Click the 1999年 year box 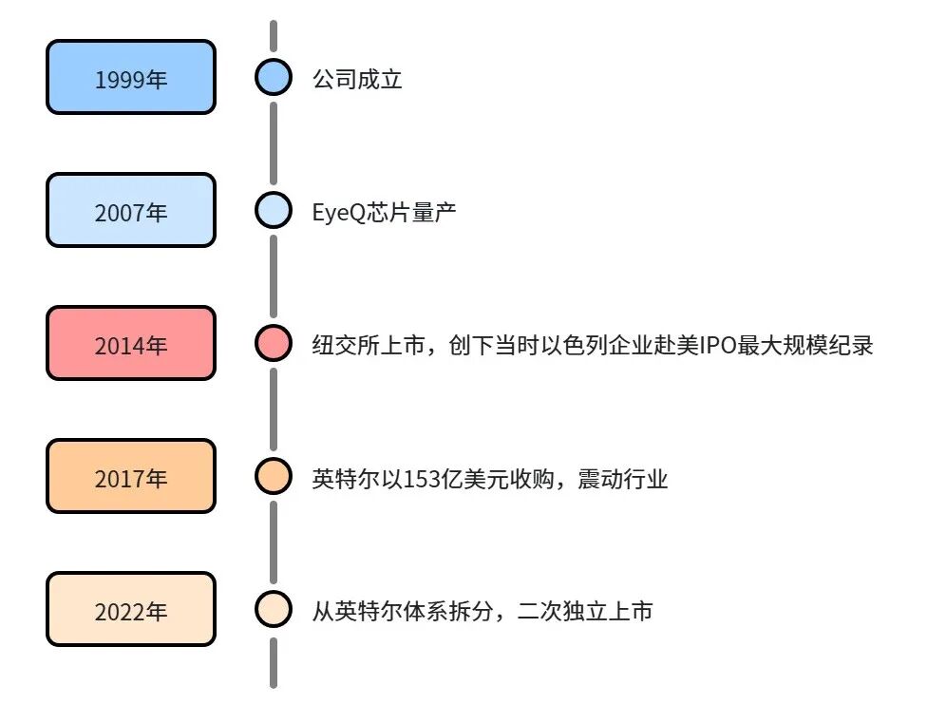(131, 77)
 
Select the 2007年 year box (131, 210)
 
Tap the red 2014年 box (131, 343)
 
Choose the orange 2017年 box (131, 476)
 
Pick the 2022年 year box (131, 609)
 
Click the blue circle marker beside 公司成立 (274, 77)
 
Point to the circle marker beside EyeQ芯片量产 (274, 210)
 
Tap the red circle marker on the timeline (274, 343)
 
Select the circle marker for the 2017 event (274, 476)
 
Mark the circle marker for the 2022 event (274, 609)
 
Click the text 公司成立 (357, 79)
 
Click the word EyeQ (339, 213)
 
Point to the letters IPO (717, 346)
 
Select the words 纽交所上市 (369, 346)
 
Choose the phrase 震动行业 (623, 479)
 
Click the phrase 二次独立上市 (585, 612)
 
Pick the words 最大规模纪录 (805, 346)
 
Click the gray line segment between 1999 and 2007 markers (274, 143)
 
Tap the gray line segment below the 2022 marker (274, 663)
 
